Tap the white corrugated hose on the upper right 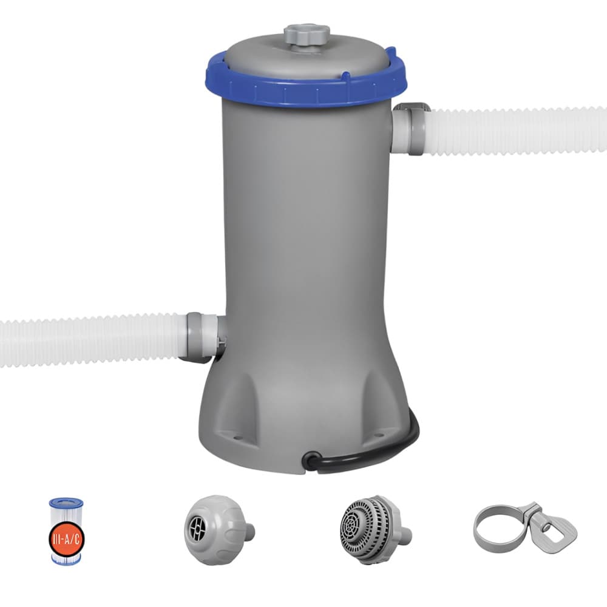[516, 131]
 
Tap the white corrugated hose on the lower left [91, 340]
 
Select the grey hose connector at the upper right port [410, 129]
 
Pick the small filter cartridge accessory [66, 531]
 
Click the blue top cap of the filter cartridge [66, 503]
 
